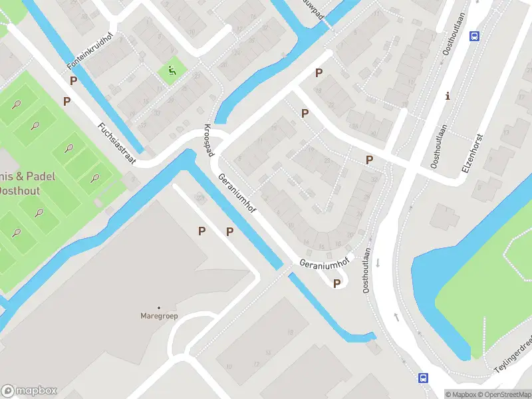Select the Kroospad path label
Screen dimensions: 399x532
click(209, 140)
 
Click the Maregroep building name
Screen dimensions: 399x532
click(158, 315)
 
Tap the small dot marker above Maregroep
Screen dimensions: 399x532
click(158, 307)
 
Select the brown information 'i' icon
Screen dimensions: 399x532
click(448, 96)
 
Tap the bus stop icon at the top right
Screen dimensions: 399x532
click(475, 36)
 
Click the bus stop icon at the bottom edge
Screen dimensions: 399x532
click(423, 378)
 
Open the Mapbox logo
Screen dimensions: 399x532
click(29, 391)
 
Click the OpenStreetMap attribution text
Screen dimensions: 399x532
click(503, 394)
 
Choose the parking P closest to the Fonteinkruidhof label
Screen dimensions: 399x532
click(73, 80)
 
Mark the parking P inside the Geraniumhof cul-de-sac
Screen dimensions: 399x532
click(337, 284)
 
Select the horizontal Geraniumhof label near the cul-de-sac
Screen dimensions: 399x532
click(324, 262)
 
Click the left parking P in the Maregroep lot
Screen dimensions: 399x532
click(201, 231)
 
